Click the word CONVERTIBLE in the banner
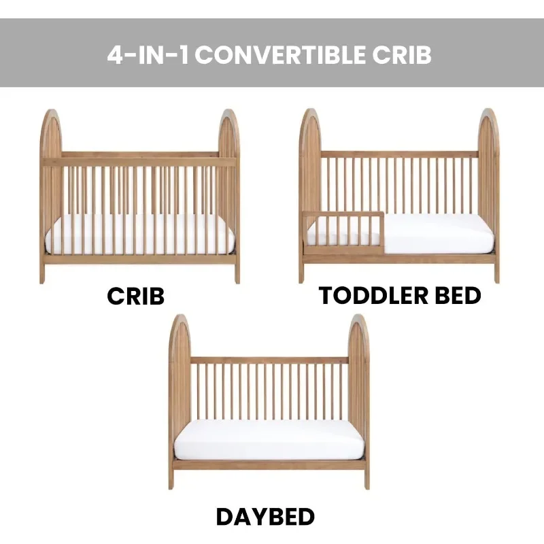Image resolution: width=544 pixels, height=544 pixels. (x=280, y=55)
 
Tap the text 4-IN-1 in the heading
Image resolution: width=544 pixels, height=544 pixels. (x=148, y=55)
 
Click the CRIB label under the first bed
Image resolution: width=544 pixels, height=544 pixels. (x=135, y=296)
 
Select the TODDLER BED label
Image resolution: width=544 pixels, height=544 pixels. (x=400, y=296)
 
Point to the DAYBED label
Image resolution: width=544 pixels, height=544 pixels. (x=265, y=517)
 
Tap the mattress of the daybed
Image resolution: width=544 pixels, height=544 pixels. (x=269, y=439)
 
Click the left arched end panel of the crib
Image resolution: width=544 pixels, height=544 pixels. (x=50, y=194)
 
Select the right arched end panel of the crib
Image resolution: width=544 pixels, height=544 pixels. (x=229, y=194)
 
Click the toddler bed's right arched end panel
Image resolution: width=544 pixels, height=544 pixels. (x=488, y=194)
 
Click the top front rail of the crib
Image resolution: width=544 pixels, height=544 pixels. (x=139, y=162)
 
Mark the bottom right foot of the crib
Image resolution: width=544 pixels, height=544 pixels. (x=237, y=274)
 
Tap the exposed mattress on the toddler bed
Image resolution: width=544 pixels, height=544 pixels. (x=439, y=233)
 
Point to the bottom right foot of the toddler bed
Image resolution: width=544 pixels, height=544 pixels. (x=497, y=273)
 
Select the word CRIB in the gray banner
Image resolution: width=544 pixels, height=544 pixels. (x=402, y=55)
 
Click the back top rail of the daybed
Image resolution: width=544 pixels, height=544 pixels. (x=269, y=360)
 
